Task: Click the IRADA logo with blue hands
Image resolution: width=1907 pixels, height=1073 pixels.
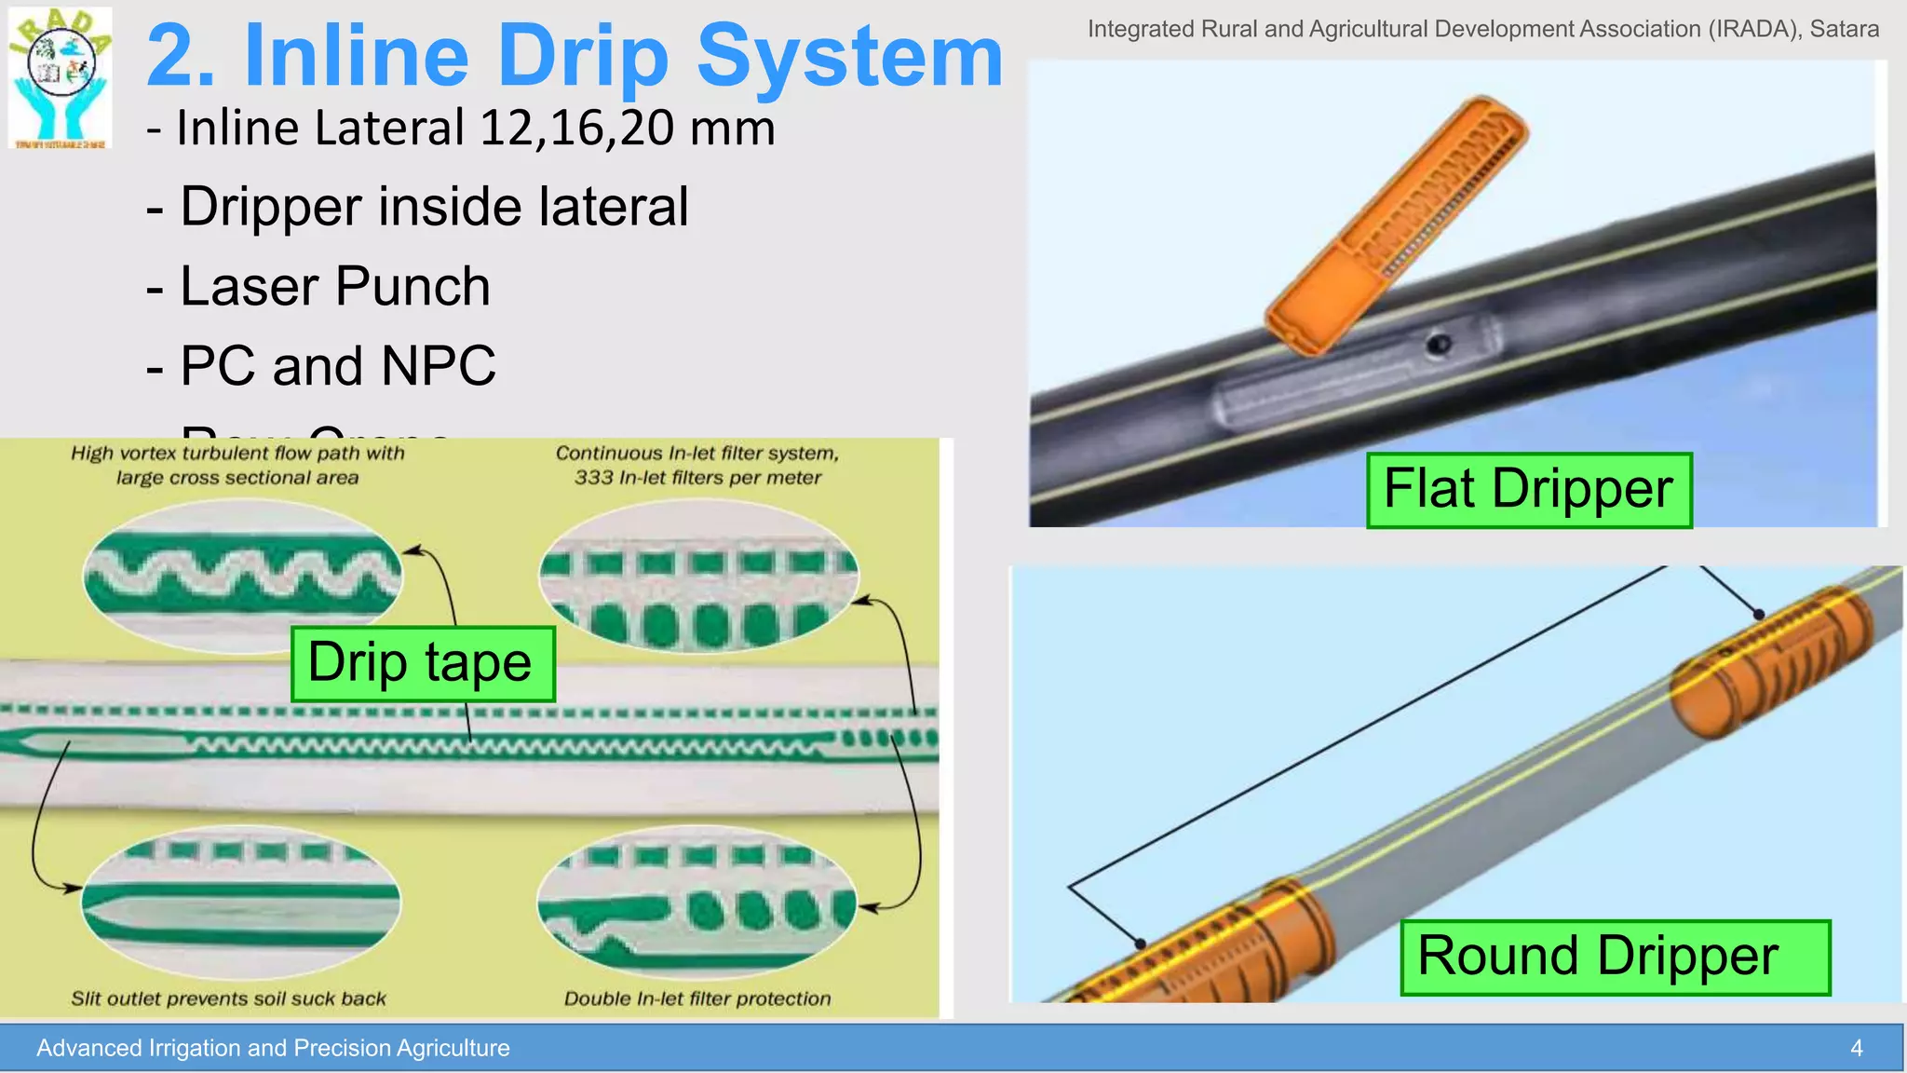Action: pyautogui.click(x=61, y=78)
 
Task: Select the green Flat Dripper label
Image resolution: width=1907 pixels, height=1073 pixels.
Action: pyautogui.click(x=1528, y=490)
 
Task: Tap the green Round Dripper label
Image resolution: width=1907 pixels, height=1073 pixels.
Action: pyautogui.click(x=1615, y=957)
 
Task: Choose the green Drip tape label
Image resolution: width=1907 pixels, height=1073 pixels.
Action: pyautogui.click(x=423, y=663)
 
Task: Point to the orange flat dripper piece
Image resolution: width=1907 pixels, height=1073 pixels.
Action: pyautogui.click(x=1397, y=224)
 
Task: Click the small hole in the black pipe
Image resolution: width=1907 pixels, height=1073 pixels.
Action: pyautogui.click(x=1439, y=346)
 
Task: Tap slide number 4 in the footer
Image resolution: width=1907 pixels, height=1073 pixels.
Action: pyautogui.click(x=1856, y=1048)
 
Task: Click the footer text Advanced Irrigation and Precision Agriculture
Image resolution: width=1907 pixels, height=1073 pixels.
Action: pyautogui.click(x=273, y=1048)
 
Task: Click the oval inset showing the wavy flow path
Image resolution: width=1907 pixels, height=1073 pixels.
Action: pyautogui.click(x=242, y=575)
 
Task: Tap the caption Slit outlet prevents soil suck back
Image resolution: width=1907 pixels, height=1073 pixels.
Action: pyautogui.click(x=228, y=998)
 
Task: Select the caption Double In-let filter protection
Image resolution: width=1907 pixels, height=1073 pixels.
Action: pyautogui.click(x=697, y=998)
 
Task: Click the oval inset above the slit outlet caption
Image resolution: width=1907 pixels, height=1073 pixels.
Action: pyautogui.click(x=241, y=901)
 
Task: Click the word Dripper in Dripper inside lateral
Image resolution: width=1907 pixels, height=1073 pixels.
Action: pyautogui.click(x=271, y=207)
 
